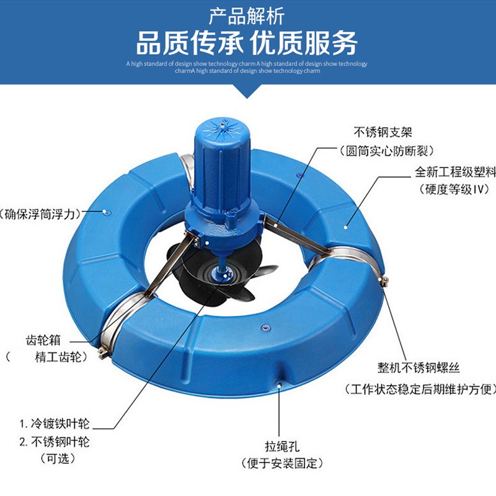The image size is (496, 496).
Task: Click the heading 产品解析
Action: [x=246, y=17]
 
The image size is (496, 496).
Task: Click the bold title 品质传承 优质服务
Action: [x=247, y=43]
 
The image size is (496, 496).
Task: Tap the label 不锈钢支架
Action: [x=383, y=132]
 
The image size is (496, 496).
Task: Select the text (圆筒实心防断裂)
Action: [x=386, y=151]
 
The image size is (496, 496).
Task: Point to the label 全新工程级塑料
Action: [x=455, y=172]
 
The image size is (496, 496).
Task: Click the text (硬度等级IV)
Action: [x=454, y=190]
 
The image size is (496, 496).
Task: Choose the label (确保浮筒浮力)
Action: [x=40, y=215]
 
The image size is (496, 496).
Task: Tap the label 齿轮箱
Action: [x=43, y=340]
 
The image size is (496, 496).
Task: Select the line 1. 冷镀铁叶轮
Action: [x=55, y=423]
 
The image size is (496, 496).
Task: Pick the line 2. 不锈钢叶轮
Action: [x=55, y=441]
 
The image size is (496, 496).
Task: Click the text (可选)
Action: [x=58, y=458]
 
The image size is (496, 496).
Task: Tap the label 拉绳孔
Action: [x=282, y=446]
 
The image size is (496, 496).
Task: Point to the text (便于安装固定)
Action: [x=282, y=463]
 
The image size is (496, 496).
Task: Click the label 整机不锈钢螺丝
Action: [x=418, y=368]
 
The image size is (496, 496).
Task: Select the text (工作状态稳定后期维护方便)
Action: [x=420, y=389]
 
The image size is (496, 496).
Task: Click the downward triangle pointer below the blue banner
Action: [x=247, y=91]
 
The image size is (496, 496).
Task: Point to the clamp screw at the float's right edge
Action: [x=384, y=281]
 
